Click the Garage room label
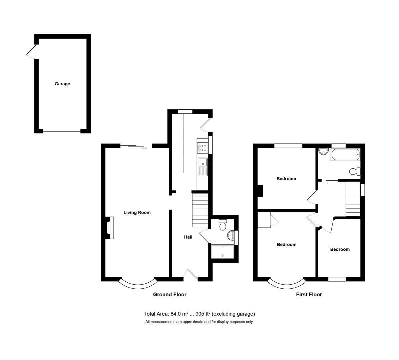62,84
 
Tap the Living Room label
137,213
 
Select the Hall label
188,237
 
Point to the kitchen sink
203,163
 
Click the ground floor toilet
223,225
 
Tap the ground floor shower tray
223,252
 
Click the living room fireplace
109,228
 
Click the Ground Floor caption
169,295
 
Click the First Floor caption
309,295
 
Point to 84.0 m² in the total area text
180,314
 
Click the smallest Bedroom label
340,249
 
